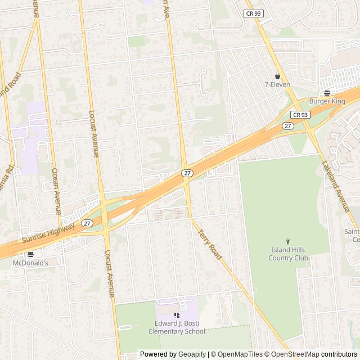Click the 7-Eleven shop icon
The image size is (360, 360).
click(x=277, y=76)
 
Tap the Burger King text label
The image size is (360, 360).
click(x=327, y=101)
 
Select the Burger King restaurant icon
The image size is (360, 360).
click(x=327, y=93)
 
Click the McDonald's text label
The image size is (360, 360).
click(x=30, y=263)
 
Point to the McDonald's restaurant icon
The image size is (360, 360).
click(x=30, y=254)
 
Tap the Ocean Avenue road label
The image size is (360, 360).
click(x=56, y=191)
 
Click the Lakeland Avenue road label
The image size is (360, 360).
click(x=336, y=187)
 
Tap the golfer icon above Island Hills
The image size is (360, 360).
click(x=289, y=241)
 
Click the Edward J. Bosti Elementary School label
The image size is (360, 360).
click(x=180, y=327)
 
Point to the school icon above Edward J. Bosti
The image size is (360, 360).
click(x=177, y=316)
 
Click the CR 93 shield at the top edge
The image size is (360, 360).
click(x=253, y=12)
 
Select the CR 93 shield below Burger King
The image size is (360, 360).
click(x=300, y=114)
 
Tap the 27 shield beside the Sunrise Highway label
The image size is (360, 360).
click(x=86, y=223)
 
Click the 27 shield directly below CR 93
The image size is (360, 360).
click(x=288, y=126)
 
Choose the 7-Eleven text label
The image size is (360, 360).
click(x=277, y=85)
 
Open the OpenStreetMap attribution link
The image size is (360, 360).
click(x=295, y=354)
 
